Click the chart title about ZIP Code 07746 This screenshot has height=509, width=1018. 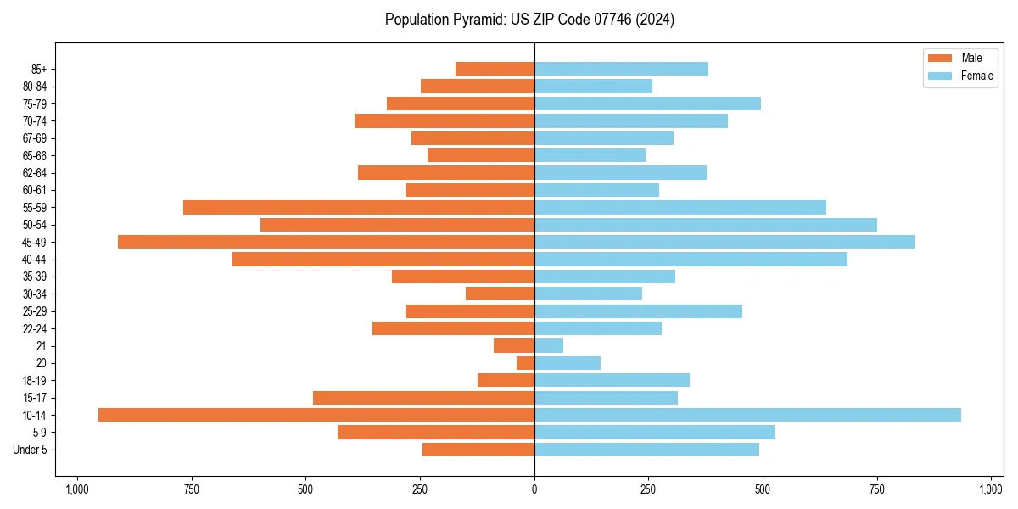pos(529,20)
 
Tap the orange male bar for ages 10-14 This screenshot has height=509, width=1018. pos(316,415)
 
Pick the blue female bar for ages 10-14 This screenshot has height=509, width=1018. pos(747,415)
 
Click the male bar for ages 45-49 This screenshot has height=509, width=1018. pos(326,242)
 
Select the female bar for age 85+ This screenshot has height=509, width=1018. pos(621,69)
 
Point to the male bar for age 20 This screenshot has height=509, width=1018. pos(525,363)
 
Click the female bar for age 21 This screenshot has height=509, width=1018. pos(549,345)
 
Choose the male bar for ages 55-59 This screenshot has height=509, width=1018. pos(359,207)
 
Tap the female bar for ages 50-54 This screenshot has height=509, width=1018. pos(706,225)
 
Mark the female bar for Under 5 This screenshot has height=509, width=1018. pos(646,450)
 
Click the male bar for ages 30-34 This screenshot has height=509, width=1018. pos(500,294)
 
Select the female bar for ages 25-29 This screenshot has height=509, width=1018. pos(638,311)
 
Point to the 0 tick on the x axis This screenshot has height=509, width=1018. pos(534,489)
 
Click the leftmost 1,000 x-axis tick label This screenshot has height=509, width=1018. pos(77,489)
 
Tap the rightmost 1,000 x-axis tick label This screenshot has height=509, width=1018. pos(991,489)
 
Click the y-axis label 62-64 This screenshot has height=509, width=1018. pos(35,173)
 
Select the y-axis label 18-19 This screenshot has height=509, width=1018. pos(35,380)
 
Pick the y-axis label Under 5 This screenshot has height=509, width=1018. pos(30,450)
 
